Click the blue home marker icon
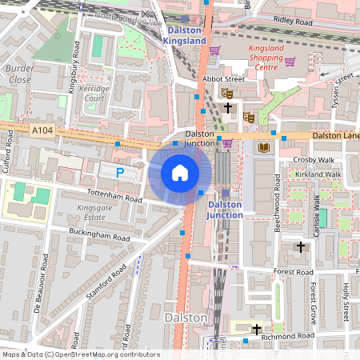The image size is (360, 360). [180, 173]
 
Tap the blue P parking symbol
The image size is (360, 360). [120, 172]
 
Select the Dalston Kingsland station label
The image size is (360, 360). [185, 34]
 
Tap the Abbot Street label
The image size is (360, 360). [223, 79]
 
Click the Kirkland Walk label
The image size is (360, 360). [318, 174]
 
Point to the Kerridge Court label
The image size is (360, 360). [95, 92]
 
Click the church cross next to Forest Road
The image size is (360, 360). [300, 246]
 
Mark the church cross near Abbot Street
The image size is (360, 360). [228, 106]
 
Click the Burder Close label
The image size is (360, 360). [18, 74]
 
